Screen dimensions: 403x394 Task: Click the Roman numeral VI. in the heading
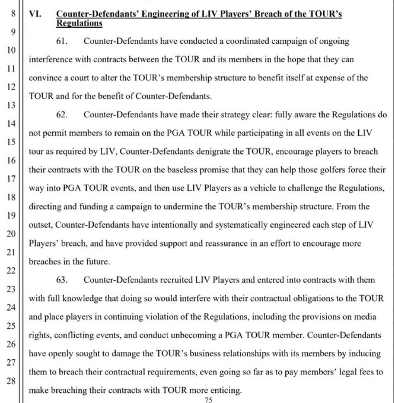click(35, 14)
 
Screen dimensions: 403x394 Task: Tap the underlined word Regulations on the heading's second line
click(79, 23)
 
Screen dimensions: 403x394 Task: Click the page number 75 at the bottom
click(209, 400)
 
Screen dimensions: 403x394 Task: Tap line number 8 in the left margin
click(14, 14)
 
